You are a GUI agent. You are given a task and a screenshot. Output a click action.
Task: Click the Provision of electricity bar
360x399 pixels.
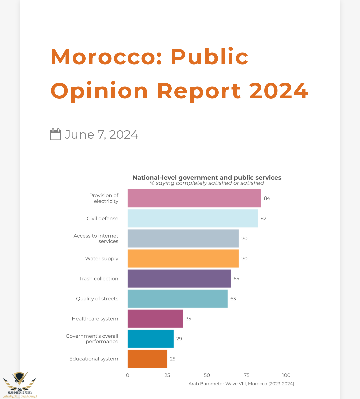point(194,198)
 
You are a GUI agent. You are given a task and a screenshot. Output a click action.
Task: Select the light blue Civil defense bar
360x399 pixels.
point(192,218)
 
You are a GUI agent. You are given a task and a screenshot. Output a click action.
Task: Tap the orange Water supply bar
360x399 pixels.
point(183,258)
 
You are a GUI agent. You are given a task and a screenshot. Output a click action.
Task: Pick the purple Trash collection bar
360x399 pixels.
point(179,278)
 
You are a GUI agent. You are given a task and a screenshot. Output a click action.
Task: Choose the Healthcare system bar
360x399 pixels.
point(155,318)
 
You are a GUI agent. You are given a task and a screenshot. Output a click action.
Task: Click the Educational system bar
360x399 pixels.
point(147,359)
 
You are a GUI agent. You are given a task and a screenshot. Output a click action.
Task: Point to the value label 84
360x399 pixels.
point(267,198)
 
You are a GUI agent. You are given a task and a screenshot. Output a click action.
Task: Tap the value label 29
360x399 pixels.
point(179,339)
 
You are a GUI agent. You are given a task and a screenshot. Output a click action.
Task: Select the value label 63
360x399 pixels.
point(233,299)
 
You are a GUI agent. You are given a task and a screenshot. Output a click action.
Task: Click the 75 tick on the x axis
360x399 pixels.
point(247,375)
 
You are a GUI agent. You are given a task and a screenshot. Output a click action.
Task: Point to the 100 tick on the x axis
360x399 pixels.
point(286,375)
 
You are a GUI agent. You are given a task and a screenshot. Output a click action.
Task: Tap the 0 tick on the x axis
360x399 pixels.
point(128,375)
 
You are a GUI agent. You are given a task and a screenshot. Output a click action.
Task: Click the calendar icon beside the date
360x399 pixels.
point(56,134)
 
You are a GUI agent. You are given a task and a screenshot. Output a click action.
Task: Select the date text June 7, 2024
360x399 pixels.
point(101,135)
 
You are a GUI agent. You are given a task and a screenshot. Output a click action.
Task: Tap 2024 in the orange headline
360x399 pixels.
point(279,91)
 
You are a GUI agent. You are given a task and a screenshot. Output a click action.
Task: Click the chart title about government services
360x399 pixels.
point(207,178)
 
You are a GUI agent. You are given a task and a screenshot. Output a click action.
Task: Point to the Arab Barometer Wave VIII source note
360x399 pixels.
point(241,384)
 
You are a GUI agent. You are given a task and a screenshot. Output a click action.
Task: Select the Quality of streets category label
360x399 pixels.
point(97,299)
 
